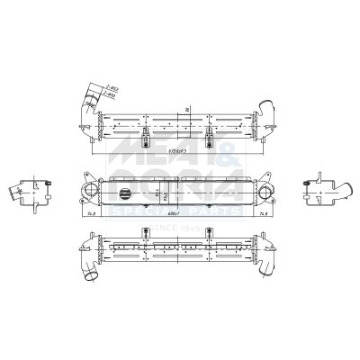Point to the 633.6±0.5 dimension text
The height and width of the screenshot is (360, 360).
[173, 152]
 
